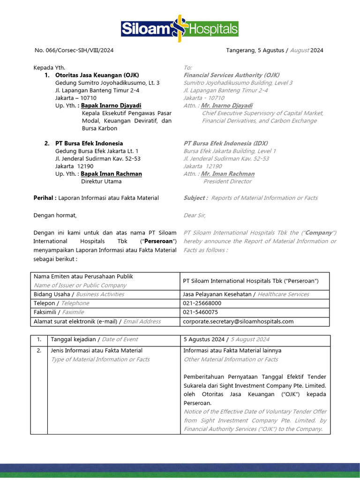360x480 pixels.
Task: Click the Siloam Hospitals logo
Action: pos(180,29)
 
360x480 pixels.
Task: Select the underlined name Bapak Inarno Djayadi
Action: pos(111,105)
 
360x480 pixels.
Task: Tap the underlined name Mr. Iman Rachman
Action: pos(228,173)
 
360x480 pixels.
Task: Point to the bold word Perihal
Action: pos(45,198)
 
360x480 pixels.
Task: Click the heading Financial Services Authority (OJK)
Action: pos(232,75)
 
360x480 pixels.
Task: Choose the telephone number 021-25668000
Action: pos(202,303)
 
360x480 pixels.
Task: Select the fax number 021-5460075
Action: pos(200,312)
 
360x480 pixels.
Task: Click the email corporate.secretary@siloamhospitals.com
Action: pos(238,321)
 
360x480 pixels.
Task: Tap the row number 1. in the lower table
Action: pos(39,339)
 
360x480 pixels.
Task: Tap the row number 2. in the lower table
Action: pos(39,350)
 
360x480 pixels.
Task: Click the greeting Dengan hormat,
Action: pos(55,215)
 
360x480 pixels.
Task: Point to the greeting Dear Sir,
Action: pos(194,215)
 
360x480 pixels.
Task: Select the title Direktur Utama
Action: pos(101,181)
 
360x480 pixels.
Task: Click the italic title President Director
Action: pos(227,181)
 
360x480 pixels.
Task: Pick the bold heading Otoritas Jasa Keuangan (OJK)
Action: pos(97,75)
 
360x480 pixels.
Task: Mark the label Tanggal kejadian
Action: pos(73,339)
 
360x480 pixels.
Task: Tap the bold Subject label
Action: pos(195,198)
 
